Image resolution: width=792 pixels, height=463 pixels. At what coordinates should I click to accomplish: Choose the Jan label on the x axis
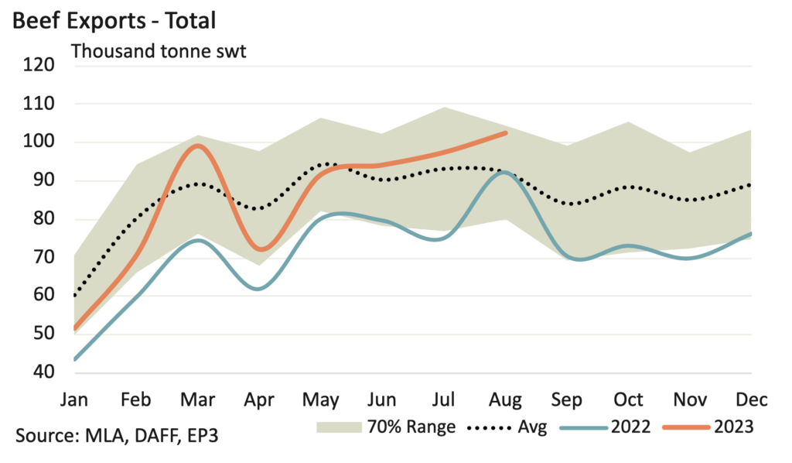(74, 400)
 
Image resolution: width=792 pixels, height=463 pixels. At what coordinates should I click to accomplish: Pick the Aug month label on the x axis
(506, 400)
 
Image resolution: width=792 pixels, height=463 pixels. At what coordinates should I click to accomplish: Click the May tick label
(321, 400)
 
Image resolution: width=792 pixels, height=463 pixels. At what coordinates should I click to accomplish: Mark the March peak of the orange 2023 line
(198, 145)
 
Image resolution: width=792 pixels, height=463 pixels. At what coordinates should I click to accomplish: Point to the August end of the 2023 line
(505, 133)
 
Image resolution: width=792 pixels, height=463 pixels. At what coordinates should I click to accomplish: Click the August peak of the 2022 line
(504, 173)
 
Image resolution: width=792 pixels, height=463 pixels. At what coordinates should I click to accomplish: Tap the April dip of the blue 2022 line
(259, 289)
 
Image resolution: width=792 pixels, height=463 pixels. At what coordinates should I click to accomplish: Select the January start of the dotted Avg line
(74, 296)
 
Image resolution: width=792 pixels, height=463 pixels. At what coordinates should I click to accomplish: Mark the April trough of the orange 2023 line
(261, 249)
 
